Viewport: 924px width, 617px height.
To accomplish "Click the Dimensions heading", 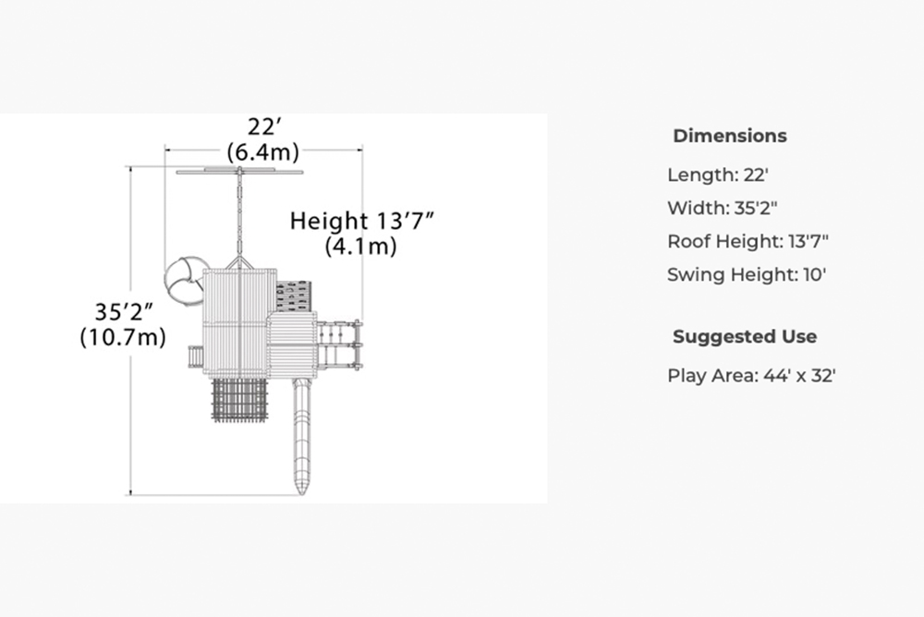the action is [730, 136].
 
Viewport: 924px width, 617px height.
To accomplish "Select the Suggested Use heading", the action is [744, 336].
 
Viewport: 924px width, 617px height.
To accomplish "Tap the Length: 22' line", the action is [718, 175].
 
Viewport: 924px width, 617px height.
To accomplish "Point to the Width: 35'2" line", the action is [722, 208].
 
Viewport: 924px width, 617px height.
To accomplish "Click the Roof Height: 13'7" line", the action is [748, 241].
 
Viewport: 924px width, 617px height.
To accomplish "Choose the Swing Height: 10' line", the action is [747, 274].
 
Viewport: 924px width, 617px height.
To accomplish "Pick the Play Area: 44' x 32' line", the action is [751, 375].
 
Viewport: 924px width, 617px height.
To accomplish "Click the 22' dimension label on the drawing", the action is [264, 127].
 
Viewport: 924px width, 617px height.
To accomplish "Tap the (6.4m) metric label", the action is [263, 152].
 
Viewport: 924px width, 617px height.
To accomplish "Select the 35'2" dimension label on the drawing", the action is [125, 312].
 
